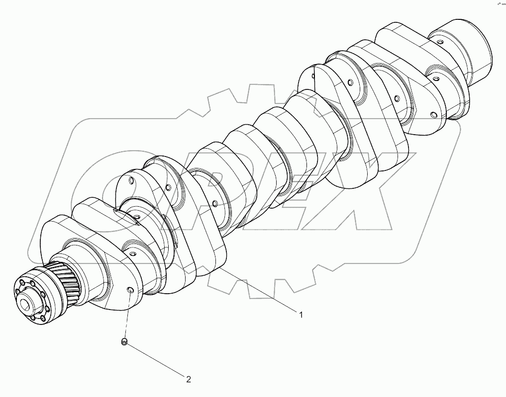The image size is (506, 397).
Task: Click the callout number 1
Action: tap(301, 314)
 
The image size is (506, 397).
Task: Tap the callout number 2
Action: tap(189, 380)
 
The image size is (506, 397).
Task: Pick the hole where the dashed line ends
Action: tap(130, 291)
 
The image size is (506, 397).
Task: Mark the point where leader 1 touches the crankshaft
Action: tap(221, 269)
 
